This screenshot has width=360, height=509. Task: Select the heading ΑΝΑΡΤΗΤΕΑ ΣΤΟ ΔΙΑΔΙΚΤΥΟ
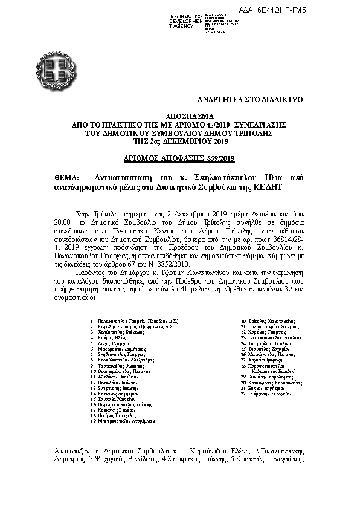point(251,98)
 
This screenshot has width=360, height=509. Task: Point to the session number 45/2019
point(207,123)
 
